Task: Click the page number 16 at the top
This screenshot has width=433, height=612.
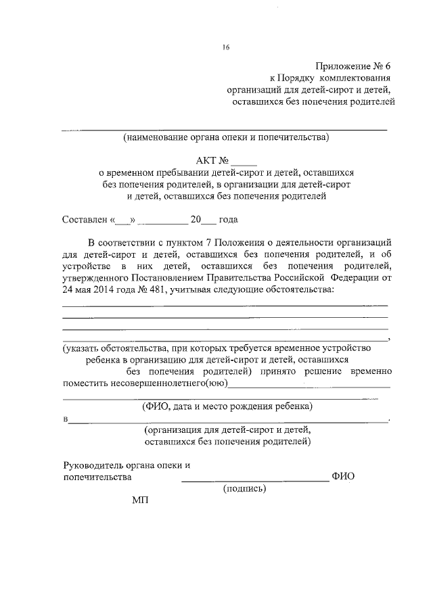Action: tap(226, 47)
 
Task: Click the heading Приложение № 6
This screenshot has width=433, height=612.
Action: tap(352, 66)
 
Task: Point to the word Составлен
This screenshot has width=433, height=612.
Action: tap(85, 220)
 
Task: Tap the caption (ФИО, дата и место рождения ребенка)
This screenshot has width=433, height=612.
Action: tap(227, 407)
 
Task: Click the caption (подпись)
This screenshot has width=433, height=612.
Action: tap(245, 489)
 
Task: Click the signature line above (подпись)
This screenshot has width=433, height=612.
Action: tap(254, 479)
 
